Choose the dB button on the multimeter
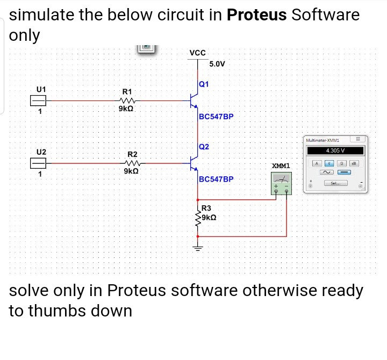tap(354, 163)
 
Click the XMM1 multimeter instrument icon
tap(282, 182)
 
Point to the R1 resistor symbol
tap(127, 100)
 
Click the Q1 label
tap(204, 84)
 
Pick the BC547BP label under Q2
tap(216, 179)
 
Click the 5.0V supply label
tap(217, 64)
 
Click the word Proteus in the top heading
tap(256, 15)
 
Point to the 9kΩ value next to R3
tap(210, 217)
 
